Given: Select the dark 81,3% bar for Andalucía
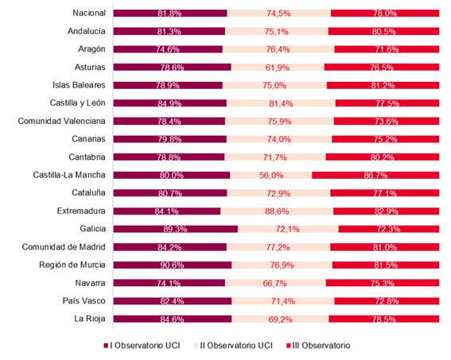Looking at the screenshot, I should [x=169, y=31].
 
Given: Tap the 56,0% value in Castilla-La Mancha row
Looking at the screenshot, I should [x=270, y=175].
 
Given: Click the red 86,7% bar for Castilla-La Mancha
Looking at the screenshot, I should [x=375, y=175].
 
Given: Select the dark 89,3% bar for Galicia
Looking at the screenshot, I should [x=175, y=229].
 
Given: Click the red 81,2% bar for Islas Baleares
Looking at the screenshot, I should [x=385, y=85].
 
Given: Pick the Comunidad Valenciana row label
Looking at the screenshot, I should [x=65, y=121].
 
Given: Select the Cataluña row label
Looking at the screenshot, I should [x=90, y=192].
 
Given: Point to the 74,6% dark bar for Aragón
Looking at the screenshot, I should [x=167, y=49].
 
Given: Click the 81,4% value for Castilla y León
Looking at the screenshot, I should [x=281, y=103].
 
